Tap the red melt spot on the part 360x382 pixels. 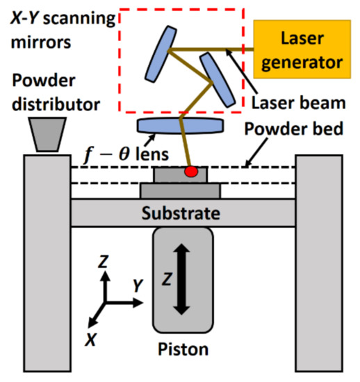(x=189, y=171)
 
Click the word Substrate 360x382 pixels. (x=181, y=213)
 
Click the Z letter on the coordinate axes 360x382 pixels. (x=103, y=262)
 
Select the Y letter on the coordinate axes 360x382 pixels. (x=138, y=285)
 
